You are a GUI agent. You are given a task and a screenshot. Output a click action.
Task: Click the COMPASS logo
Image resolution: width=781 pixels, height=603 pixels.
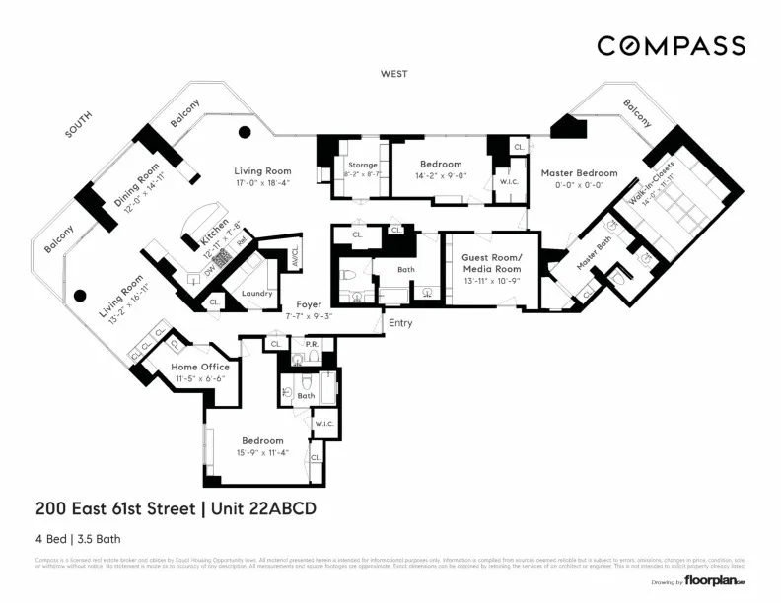[671, 46]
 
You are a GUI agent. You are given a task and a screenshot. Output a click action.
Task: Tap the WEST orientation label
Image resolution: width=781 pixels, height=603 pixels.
[394, 75]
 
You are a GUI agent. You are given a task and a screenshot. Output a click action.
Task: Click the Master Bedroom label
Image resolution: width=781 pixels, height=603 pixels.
[579, 173]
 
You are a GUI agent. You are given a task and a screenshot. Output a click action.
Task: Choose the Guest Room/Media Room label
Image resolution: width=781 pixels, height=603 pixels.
[491, 263]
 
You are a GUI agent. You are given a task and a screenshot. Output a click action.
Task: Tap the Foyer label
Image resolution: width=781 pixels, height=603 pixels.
[309, 305]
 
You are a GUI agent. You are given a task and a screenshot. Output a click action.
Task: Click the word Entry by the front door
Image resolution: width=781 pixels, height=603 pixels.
[400, 323]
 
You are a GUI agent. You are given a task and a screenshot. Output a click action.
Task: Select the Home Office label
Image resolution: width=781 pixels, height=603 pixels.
[200, 367]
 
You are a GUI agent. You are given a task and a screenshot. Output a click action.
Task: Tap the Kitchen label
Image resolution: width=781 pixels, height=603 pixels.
[214, 234]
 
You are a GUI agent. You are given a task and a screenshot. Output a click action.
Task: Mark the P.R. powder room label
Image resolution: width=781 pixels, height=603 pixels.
[311, 344]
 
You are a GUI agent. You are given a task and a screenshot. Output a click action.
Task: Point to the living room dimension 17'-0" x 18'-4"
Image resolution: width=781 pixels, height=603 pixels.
[262, 182]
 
